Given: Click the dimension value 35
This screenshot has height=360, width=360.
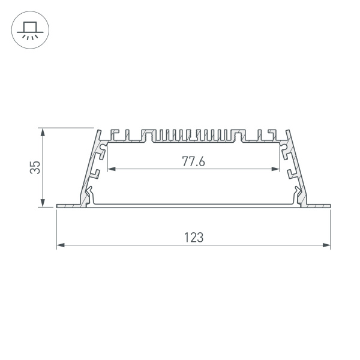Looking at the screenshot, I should (36, 167).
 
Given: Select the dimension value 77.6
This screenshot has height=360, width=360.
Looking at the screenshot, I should (193, 161).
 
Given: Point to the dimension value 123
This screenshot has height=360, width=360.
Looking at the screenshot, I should (193, 237).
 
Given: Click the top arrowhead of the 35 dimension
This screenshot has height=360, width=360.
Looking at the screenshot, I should (42, 131).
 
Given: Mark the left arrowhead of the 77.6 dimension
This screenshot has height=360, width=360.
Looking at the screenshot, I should (110, 169).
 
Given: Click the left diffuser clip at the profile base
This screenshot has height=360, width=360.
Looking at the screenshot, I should (89, 194).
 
